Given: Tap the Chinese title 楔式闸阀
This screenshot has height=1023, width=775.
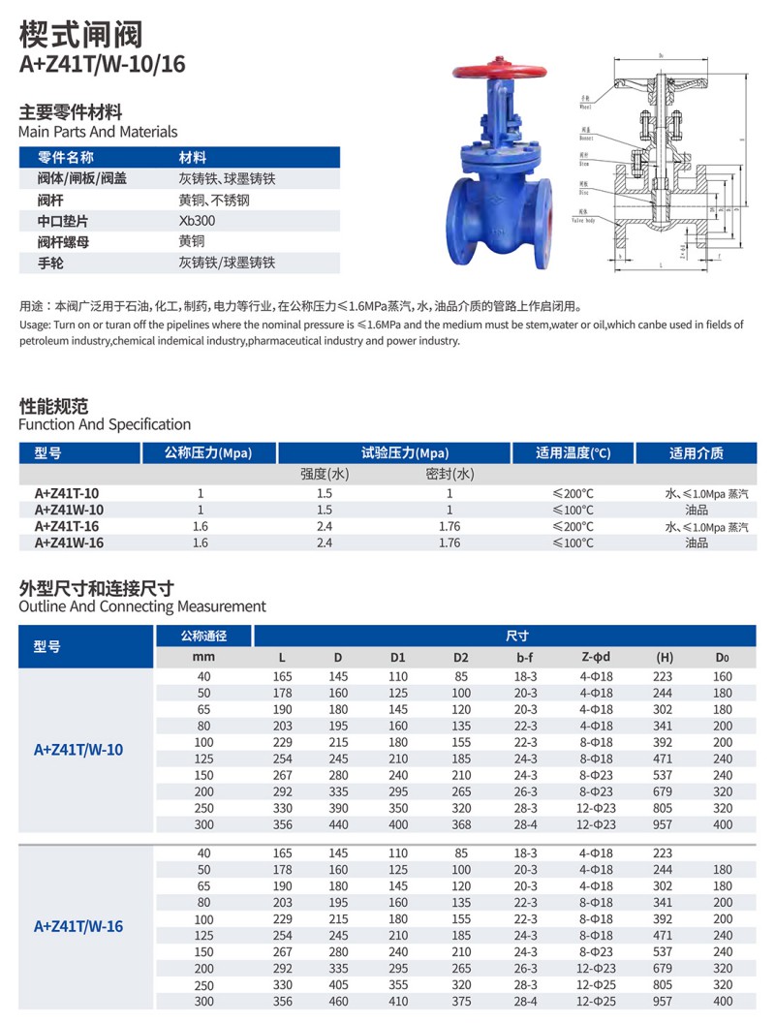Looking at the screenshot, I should coord(80,35).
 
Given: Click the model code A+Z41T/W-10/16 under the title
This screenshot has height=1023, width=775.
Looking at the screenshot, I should coord(102,64).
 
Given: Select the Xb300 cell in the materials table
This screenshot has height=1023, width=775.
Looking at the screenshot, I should coord(198,221).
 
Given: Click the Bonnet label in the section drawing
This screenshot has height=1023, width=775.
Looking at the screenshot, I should coord(587,139).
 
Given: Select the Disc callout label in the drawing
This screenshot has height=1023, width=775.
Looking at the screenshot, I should coord(583,193).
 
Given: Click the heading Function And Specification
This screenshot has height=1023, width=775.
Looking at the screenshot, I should coord(105,424).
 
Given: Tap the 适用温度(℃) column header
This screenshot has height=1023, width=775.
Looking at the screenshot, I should coord(573,452).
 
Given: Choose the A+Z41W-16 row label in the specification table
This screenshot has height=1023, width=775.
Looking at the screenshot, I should coord(69,542).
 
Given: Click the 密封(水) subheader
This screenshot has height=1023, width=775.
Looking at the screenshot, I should coord(449,474).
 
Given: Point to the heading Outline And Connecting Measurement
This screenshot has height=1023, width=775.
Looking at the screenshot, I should coord(142,606).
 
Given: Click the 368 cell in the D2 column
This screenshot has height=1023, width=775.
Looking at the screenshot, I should coord(460,824).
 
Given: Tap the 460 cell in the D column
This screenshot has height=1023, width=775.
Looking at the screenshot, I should coord(338,1001).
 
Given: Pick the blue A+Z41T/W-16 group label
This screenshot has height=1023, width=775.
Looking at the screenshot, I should coord(78,926).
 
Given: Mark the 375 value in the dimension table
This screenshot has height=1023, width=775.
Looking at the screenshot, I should coord(460,1001).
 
